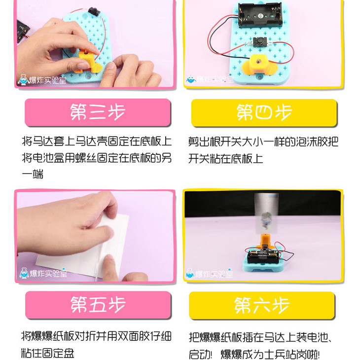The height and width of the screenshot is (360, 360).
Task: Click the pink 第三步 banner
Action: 98,112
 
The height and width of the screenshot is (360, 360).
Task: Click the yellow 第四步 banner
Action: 264,112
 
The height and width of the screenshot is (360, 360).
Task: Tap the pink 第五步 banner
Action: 98,305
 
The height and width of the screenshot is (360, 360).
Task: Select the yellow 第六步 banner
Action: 262,305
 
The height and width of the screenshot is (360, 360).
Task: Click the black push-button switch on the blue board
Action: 260,42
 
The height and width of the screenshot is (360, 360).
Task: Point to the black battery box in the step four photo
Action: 260,14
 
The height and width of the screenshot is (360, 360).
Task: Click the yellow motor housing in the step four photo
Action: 259,65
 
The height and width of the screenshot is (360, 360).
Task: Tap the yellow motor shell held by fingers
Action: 88,61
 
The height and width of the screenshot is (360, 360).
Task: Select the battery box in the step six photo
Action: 263,256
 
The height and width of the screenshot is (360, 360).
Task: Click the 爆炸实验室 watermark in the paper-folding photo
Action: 43,273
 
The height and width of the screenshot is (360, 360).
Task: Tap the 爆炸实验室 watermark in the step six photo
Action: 210,273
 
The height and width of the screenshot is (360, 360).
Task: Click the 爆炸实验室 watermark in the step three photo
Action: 42,79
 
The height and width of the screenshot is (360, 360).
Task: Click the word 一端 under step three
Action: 33,174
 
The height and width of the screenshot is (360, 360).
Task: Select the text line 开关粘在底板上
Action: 225,159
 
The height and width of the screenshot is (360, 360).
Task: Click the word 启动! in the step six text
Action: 200,354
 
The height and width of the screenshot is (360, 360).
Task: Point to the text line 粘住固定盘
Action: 48,353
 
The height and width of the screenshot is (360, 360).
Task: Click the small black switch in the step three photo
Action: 93,11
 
